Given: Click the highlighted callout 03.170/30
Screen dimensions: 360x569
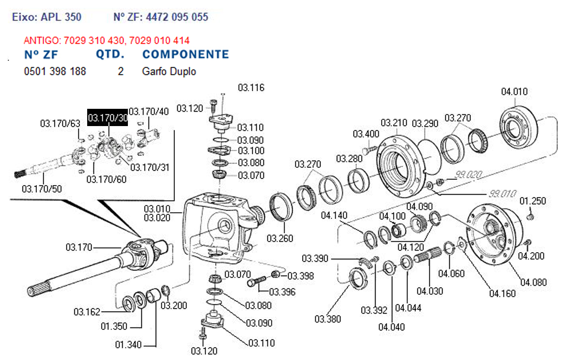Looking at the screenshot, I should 108,117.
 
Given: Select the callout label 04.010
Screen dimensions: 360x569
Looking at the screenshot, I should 514,92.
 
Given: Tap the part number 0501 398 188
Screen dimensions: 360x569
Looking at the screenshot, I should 55,71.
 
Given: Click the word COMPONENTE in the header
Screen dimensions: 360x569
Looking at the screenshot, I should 185,54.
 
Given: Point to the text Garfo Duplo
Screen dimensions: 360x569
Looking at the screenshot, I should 169,71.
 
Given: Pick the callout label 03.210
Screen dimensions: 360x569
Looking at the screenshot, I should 394,123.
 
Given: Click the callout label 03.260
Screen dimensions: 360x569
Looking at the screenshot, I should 280,238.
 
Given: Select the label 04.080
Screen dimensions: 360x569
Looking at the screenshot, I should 532,282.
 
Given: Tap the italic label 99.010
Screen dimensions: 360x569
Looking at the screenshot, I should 502,194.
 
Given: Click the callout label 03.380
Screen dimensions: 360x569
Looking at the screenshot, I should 328,319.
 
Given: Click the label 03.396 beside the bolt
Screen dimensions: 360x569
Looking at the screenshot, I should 282,291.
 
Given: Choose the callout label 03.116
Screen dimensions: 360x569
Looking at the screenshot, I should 251,88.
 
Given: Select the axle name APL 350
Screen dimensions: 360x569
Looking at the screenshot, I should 61,17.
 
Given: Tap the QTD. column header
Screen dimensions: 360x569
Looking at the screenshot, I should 110,54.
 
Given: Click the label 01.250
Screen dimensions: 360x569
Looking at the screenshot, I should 533,200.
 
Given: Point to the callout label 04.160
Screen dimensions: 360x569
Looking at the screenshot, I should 502,293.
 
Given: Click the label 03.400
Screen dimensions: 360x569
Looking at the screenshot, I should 366,134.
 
